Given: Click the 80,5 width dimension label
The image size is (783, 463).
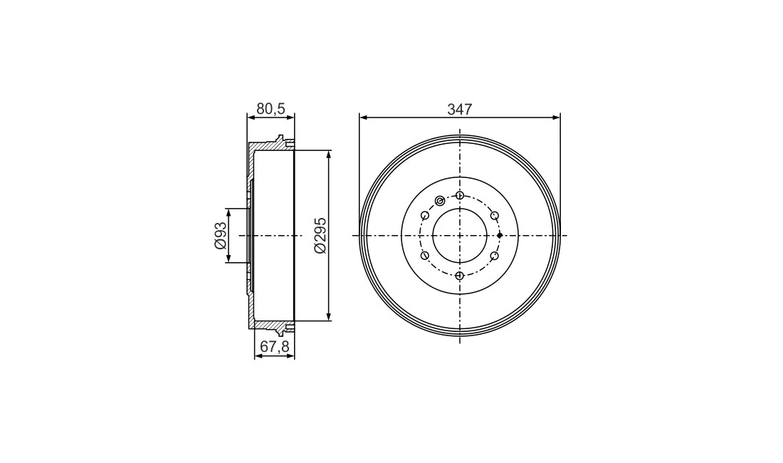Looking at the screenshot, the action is pyautogui.click(x=270, y=109).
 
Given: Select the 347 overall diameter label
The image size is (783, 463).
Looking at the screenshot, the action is pyautogui.click(x=459, y=110).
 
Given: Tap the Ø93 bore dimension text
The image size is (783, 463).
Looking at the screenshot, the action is pyautogui.click(x=220, y=235).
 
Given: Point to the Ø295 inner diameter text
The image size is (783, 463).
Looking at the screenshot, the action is pyautogui.click(x=320, y=235).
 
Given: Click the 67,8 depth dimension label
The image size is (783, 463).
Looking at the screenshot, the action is pyautogui.click(x=275, y=347).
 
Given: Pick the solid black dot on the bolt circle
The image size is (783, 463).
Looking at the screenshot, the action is pyautogui.click(x=500, y=235).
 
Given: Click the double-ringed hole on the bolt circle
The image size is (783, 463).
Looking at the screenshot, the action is pyautogui.click(x=439, y=201).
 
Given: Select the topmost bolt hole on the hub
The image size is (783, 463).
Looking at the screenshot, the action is pyautogui.click(x=460, y=194).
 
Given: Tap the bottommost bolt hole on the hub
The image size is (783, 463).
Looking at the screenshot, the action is pyautogui.click(x=460, y=275).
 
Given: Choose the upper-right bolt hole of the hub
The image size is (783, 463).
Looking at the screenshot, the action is pyautogui.click(x=495, y=215).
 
